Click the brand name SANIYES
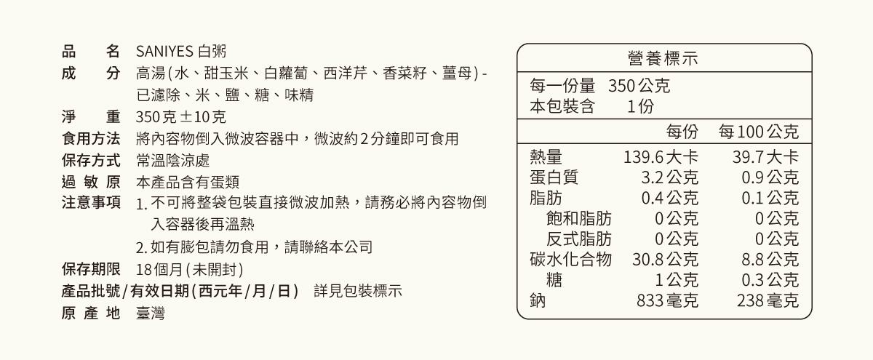pos(164,52)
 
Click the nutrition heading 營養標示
pos(663,58)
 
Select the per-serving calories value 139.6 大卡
pos(661,157)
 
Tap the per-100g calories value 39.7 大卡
pos(765,157)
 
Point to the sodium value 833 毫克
pos(667,300)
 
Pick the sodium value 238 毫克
pos(768,300)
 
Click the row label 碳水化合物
pos(570,259)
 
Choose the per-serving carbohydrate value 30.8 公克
pos(665,259)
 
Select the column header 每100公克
pos(759,132)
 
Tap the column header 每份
pos(682,132)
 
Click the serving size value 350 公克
pos(639,86)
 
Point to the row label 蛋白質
pos(554,177)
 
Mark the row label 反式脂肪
pos(579,239)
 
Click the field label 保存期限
pos(91,269)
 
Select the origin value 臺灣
pos(151,313)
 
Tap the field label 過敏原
pos(91,182)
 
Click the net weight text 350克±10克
pos(181,117)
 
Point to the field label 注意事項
pos(91,203)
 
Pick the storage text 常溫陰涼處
pos(173,160)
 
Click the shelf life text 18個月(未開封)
pos(189,269)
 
